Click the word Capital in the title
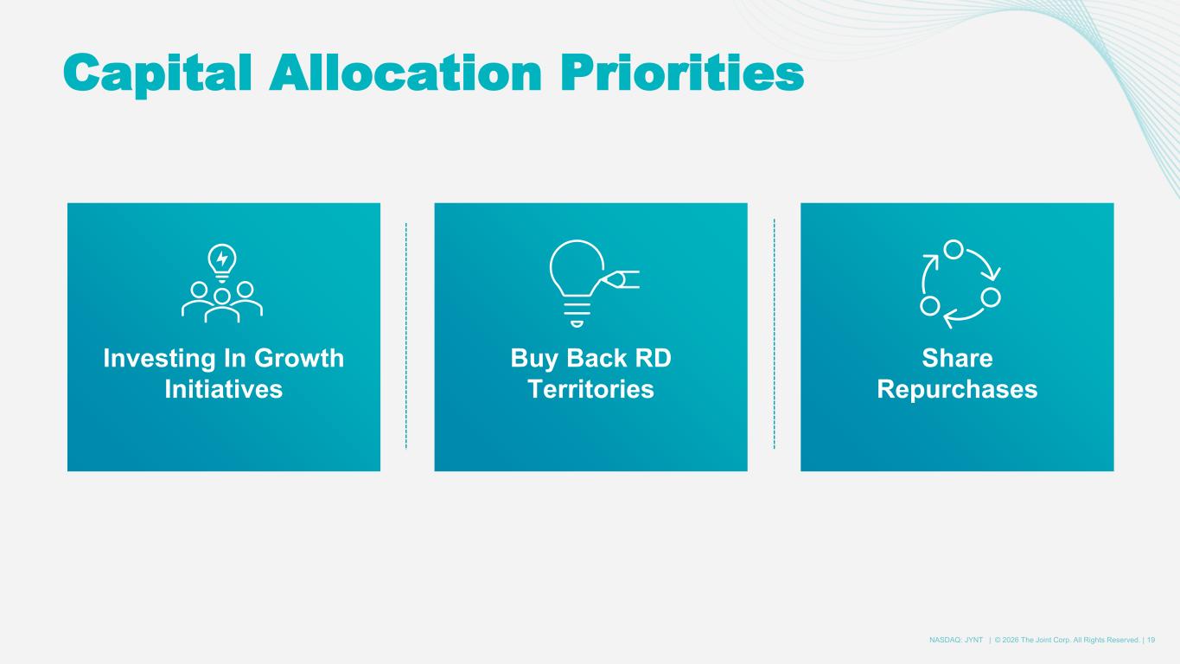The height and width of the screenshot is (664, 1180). [x=157, y=73]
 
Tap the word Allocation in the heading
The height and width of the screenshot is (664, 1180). [x=405, y=73]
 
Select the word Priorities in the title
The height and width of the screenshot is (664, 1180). [x=682, y=73]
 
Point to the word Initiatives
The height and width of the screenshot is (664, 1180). [x=223, y=389]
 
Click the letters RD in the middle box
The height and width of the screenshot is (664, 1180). [x=654, y=358]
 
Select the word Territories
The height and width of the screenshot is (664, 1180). [x=590, y=389]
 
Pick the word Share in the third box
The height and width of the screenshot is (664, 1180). [x=957, y=358]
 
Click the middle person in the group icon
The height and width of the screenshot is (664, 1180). [x=222, y=306]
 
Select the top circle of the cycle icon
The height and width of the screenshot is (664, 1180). [x=953, y=249]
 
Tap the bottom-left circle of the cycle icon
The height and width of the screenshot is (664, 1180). [x=930, y=306]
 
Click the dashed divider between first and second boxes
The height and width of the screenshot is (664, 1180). [x=406, y=335]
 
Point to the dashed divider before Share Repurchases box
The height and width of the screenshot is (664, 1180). [x=774, y=334]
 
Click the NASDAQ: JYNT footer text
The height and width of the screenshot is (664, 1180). [x=956, y=640]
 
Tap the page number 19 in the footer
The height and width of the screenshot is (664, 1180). [x=1151, y=640]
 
